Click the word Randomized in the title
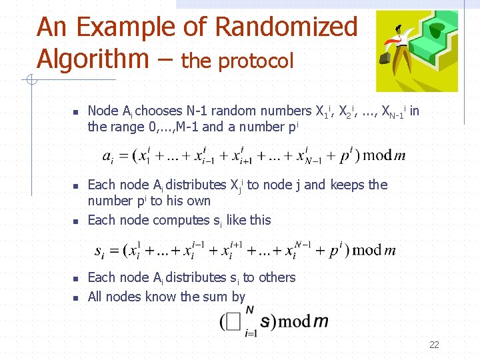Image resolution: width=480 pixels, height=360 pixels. coord(287,27)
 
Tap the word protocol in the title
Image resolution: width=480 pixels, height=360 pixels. coord(256,61)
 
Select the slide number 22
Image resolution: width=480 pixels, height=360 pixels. coord(434,345)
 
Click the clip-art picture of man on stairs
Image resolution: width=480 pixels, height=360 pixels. coord(417,51)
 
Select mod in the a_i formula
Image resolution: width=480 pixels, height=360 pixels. coord(377,155)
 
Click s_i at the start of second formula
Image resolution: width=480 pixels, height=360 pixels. coord(99,251)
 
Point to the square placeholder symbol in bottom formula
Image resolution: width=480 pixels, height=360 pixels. coord(233,322)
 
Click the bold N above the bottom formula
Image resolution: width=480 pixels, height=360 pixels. coord(249,309)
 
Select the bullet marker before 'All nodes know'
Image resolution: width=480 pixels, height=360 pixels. coord(76,297)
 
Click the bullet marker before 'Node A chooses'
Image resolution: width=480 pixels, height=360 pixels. coord(76,111)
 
